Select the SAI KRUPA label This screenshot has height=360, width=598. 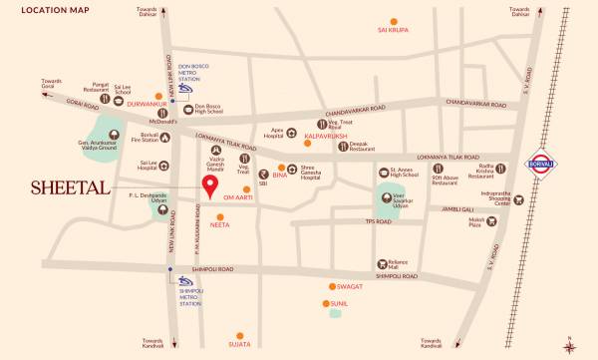[x=394, y=31]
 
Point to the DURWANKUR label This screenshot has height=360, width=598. [x=144, y=101]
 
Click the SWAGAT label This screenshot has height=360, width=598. [x=349, y=286]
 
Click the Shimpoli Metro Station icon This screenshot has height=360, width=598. [x=185, y=282]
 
